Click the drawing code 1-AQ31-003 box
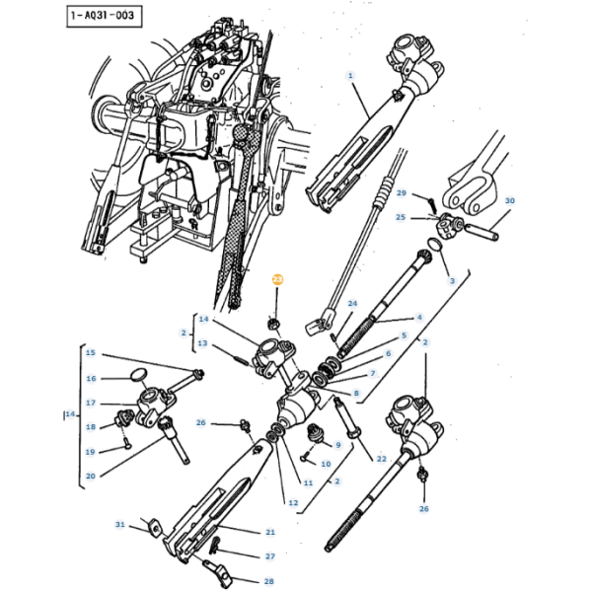pyautogui.click(x=105, y=16)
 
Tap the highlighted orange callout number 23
pyautogui.click(x=277, y=279)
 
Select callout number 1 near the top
pyautogui.click(x=350, y=76)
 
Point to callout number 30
pyautogui.click(x=509, y=200)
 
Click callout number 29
pyautogui.click(x=402, y=192)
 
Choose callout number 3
pyautogui.click(x=452, y=280)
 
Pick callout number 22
pyautogui.click(x=381, y=459)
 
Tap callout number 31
pyautogui.click(x=119, y=524)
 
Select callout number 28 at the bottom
pyautogui.click(x=268, y=581)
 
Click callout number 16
pyautogui.click(x=91, y=378)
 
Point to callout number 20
pyautogui.click(x=91, y=476)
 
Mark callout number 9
pyautogui.click(x=337, y=445)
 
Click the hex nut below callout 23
pyautogui.click(x=273, y=324)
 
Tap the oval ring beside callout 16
pyautogui.click(x=138, y=375)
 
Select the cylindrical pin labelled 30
pyautogui.click(x=482, y=232)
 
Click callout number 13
pyautogui.click(x=202, y=343)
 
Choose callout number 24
pyautogui.click(x=352, y=303)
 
